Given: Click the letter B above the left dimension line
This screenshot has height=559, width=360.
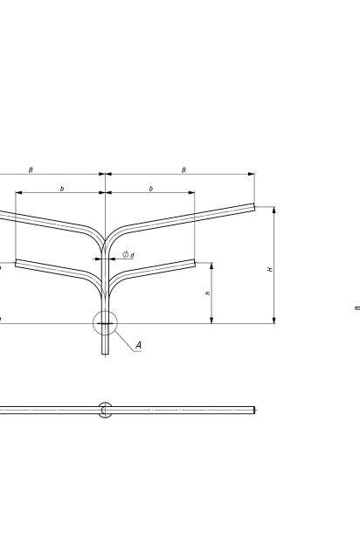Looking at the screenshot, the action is coord(31,170).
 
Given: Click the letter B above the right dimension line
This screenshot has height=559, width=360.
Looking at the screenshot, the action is coord(183,170).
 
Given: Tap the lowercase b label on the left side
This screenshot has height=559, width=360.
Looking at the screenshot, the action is coord(62,189).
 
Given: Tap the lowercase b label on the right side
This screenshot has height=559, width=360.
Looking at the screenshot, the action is coord(151,189).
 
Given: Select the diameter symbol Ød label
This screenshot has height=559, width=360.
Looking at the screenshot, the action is coord(128,254).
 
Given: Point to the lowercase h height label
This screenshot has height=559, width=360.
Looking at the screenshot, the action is coord(208,293).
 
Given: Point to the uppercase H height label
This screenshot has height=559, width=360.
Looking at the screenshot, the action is coord(270,269).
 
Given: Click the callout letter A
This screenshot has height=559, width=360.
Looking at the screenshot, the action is coord(138,345).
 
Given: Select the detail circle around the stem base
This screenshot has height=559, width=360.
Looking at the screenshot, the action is coord(105,311).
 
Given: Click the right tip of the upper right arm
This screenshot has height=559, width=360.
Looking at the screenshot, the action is coord(254,207).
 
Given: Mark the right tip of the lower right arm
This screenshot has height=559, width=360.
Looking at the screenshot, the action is coord(195,263).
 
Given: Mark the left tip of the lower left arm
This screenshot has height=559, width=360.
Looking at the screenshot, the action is coord(16,264).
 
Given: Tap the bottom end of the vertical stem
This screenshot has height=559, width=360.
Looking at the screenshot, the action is coord(105,354).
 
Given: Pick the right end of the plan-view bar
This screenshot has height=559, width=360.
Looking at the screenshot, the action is coord(254,410).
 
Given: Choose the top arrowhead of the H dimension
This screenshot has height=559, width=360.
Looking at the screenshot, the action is coord(274,210).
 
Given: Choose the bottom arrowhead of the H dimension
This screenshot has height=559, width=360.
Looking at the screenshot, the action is coord(274,321).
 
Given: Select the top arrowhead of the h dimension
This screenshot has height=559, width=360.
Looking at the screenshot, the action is coord(211,266).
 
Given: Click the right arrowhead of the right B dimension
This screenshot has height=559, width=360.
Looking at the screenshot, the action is coord(251,174).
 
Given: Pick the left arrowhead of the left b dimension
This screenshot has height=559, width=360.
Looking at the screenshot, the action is coord(19,192).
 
